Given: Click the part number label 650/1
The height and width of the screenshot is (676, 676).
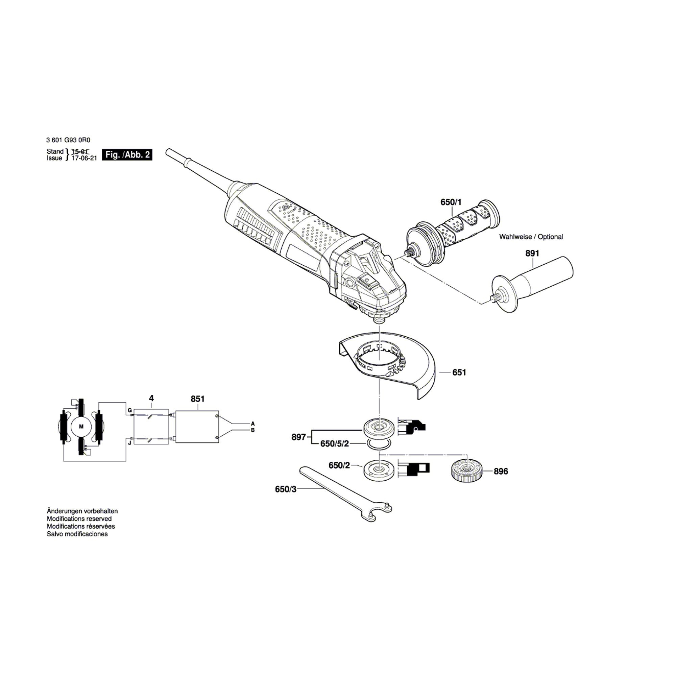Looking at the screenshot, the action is (451, 202).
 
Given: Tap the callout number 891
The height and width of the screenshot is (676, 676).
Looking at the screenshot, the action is (532, 253).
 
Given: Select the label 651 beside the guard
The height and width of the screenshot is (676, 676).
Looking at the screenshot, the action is (459, 372).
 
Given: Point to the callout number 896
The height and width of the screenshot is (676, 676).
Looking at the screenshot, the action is (501, 471).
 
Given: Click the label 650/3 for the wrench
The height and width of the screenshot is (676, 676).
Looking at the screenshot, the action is (286, 489).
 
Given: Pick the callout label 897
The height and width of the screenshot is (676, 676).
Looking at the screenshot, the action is (298, 437).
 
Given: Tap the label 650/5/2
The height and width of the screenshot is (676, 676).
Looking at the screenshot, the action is (335, 444).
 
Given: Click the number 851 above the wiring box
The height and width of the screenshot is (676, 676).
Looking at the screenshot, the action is (198, 399).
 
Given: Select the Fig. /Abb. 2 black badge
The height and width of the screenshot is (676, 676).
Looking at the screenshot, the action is (127, 155).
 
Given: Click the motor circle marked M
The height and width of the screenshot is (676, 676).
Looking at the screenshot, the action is (81, 427).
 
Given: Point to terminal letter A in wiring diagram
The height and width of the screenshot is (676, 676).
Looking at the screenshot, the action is (252, 423).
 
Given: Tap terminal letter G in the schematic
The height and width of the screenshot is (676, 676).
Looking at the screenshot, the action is (129, 410).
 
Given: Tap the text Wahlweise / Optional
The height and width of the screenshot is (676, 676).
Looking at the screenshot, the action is (531, 237).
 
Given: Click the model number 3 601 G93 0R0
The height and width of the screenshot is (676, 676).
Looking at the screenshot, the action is (68, 140).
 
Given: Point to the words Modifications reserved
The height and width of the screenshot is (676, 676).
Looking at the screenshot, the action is (79, 518).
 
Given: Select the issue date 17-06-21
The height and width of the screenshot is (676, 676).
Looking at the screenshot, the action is (84, 158).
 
